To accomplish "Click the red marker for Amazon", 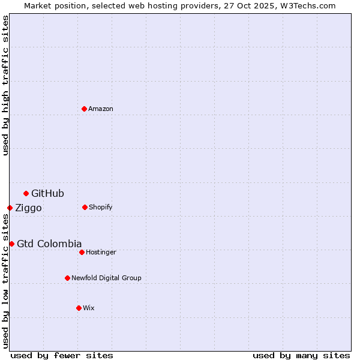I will (x=84, y=109).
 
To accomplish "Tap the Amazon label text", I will (x=101, y=109).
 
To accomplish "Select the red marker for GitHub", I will (x=26, y=193).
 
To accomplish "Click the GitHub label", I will (x=47, y=193).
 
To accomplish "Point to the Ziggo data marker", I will (x=10, y=208).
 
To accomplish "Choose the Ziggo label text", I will (x=28, y=208).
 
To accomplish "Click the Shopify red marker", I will (x=85, y=207).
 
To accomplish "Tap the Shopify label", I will (x=100, y=208).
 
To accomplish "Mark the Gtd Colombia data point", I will (x=11, y=244).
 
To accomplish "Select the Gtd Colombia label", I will (x=49, y=244).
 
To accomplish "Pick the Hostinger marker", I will (x=82, y=252).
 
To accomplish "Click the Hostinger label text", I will (x=101, y=253).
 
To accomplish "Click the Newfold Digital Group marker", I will (x=67, y=278).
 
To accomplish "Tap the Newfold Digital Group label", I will (x=106, y=278).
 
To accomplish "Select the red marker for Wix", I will (x=79, y=308).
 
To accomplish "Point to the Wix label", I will (x=89, y=308).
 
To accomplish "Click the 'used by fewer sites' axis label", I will (x=62, y=355).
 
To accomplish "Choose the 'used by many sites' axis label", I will (x=301, y=355).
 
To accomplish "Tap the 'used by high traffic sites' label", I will (x=6, y=85).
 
